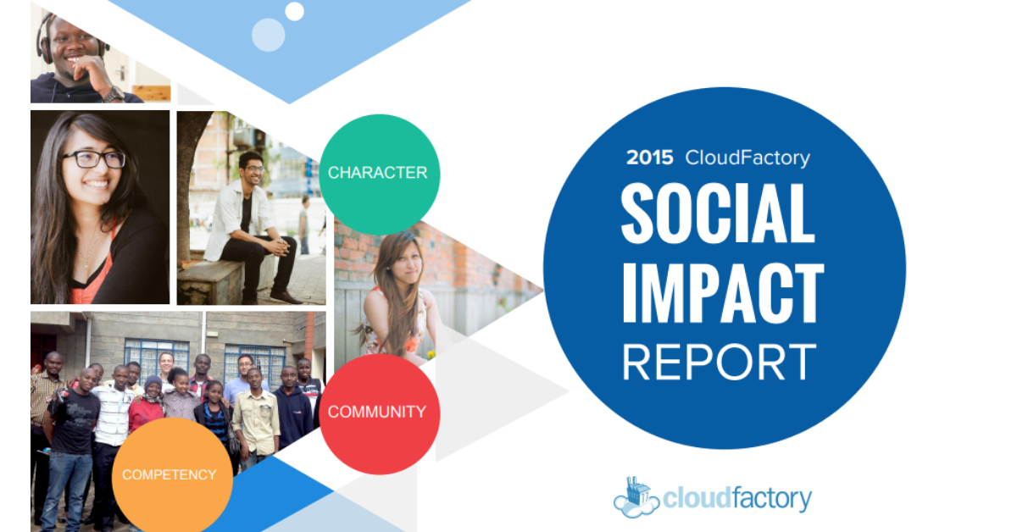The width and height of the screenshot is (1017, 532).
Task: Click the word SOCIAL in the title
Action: tap(718, 213)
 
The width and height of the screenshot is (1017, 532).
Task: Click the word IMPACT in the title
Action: tap(723, 293)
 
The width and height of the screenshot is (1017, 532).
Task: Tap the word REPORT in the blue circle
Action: tap(720, 362)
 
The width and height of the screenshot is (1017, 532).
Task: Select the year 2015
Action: tap(650, 158)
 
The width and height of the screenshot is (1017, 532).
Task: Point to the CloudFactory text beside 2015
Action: tap(747, 158)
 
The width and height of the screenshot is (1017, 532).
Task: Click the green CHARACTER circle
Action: tap(380, 175)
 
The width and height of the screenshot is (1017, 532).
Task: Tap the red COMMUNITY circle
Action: tap(380, 414)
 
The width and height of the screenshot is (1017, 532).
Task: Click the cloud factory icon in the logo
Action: tap(636, 497)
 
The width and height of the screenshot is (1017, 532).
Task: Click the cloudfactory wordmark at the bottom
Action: tap(736, 498)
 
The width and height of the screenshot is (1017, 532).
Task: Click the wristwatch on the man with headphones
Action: tap(113, 94)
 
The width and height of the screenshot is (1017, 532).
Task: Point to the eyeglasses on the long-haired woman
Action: tap(94, 159)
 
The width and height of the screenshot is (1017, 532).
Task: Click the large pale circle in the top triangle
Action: tap(269, 35)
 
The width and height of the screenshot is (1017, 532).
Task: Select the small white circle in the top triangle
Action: tap(294, 11)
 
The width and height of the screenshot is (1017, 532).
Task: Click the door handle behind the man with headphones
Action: tap(121, 72)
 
